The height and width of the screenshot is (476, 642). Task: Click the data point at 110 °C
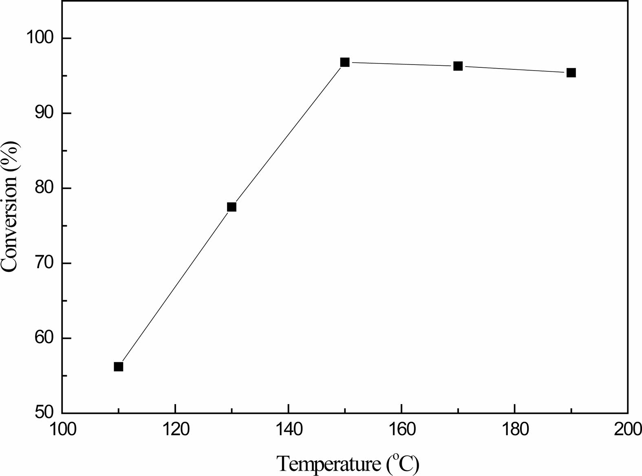point(118,367)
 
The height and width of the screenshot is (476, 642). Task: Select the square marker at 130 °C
point(232,207)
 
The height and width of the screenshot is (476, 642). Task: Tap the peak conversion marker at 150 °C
point(345,62)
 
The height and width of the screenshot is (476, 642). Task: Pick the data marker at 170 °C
point(458,66)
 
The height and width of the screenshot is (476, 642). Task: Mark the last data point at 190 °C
point(571,73)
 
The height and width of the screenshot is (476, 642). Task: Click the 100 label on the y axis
point(40,38)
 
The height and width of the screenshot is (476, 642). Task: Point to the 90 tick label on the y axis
point(45,113)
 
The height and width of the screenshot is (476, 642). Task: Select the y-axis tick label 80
point(45,188)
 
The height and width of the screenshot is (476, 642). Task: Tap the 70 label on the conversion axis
point(45,263)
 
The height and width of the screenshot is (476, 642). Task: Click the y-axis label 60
point(45,338)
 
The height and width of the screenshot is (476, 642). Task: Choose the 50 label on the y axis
point(45,412)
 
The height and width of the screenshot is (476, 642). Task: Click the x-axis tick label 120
point(175,430)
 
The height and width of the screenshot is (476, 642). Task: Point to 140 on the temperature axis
point(288,430)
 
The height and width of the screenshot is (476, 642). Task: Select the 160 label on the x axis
point(402,430)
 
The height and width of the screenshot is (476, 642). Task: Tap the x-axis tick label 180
point(515,430)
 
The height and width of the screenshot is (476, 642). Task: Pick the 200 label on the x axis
point(627,430)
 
